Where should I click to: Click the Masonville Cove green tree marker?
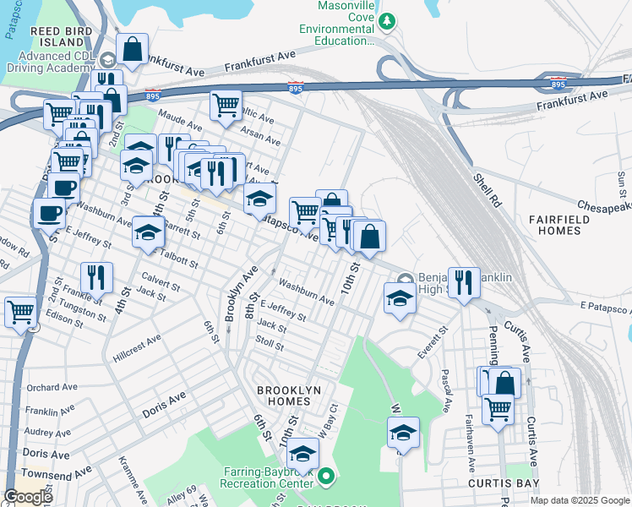tap(387, 21)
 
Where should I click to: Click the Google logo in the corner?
tap(28, 497)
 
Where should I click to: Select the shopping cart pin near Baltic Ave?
tap(226, 105)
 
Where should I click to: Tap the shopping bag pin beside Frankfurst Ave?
tap(133, 49)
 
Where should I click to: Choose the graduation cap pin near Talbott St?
tap(148, 233)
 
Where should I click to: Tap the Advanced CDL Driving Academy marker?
tap(107, 61)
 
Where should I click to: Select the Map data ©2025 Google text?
tap(579, 500)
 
